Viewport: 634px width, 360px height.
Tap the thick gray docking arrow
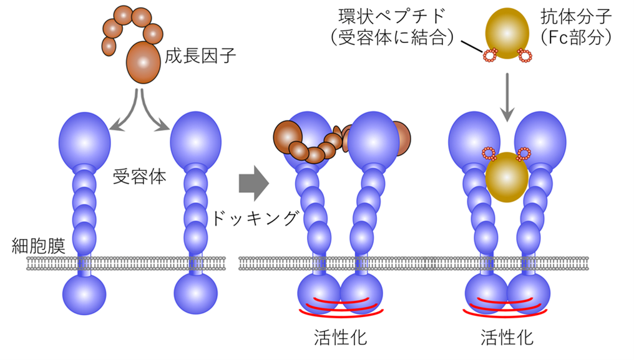[253, 183]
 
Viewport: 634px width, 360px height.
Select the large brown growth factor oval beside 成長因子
[143, 62]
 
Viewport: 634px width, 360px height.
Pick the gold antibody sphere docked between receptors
[507, 178]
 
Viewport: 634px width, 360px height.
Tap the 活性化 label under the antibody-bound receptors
[507, 338]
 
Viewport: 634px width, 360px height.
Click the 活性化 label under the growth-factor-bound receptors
[340, 338]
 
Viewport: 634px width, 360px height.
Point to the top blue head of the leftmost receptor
[84, 139]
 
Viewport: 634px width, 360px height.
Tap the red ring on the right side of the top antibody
[525, 57]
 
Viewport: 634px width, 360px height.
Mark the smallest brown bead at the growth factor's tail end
[109, 46]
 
